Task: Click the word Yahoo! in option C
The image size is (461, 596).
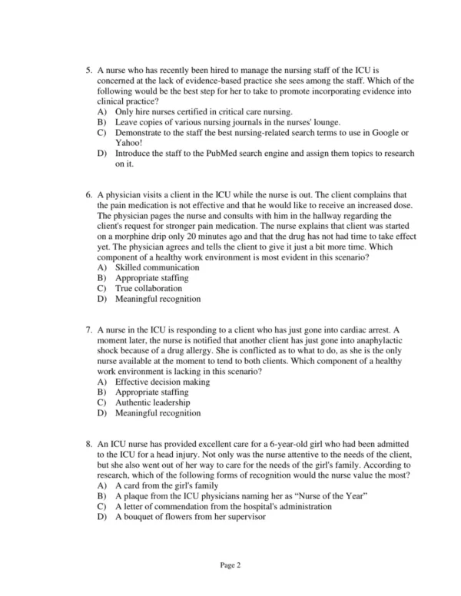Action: (129, 142)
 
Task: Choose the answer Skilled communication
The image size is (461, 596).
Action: (153, 267)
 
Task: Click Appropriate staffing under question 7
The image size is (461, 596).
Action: (151, 392)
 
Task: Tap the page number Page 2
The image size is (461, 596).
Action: (230, 565)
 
